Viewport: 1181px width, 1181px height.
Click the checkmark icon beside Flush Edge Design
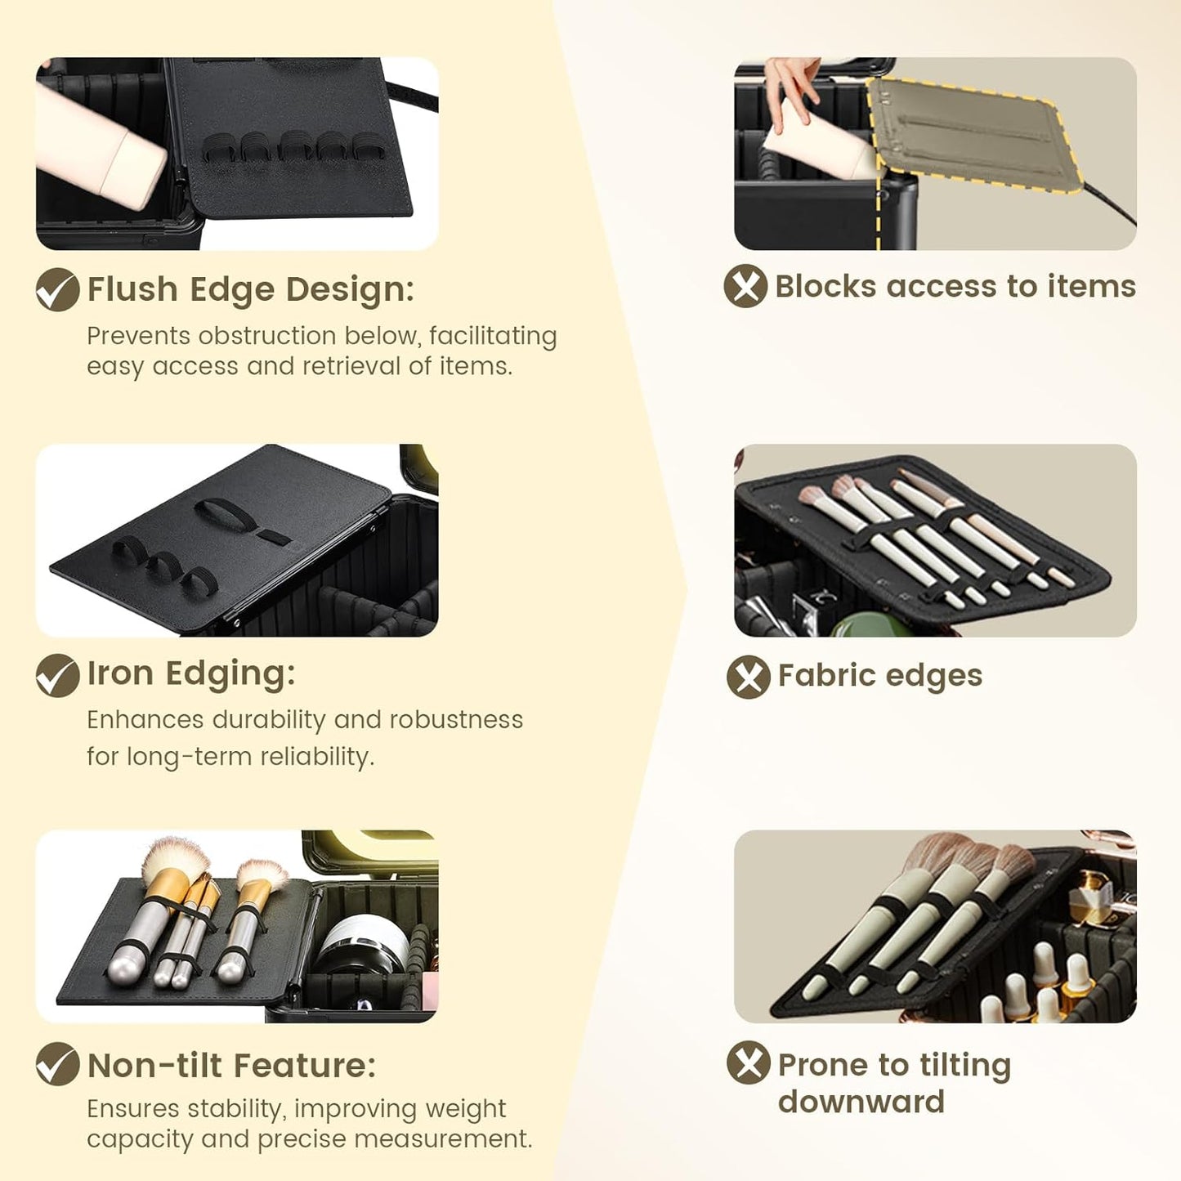pyautogui.click(x=57, y=289)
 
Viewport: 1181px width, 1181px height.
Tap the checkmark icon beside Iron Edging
pyautogui.click(x=57, y=675)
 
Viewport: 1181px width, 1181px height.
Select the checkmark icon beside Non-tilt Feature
pyautogui.click(x=57, y=1064)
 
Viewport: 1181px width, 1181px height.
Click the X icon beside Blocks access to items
pyautogui.click(x=745, y=285)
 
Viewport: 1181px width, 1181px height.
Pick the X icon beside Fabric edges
pyautogui.click(x=749, y=677)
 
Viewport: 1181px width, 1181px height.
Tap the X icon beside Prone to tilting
pyautogui.click(x=749, y=1062)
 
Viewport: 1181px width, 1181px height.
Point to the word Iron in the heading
pyautogui.click(x=120, y=673)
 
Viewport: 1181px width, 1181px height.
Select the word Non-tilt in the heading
pyautogui.click(x=154, y=1065)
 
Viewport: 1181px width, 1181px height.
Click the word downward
pyautogui.click(x=861, y=1102)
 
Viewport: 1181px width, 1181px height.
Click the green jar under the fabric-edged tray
pyautogui.click(x=863, y=624)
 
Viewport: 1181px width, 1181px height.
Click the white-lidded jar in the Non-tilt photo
pyautogui.click(x=365, y=944)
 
